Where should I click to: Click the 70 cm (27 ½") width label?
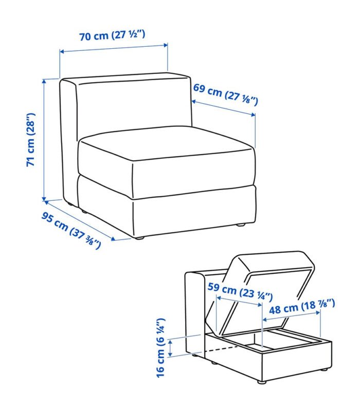pos(112,35)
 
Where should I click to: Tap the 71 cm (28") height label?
pos(31,140)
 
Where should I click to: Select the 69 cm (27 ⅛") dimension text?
pos(225,94)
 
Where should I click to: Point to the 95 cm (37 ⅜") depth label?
pos(71,231)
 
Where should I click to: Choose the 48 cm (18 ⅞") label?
pos(302,307)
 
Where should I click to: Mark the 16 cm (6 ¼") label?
pos(161,348)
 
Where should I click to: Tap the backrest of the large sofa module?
pos(133,105)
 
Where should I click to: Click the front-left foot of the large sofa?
pos(139,238)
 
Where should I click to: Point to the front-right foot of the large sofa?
pos(240,224)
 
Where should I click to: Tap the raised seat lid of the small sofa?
pos(260,292)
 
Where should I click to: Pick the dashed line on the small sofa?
pos(221,349)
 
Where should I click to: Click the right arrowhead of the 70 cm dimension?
pos(166,45)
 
